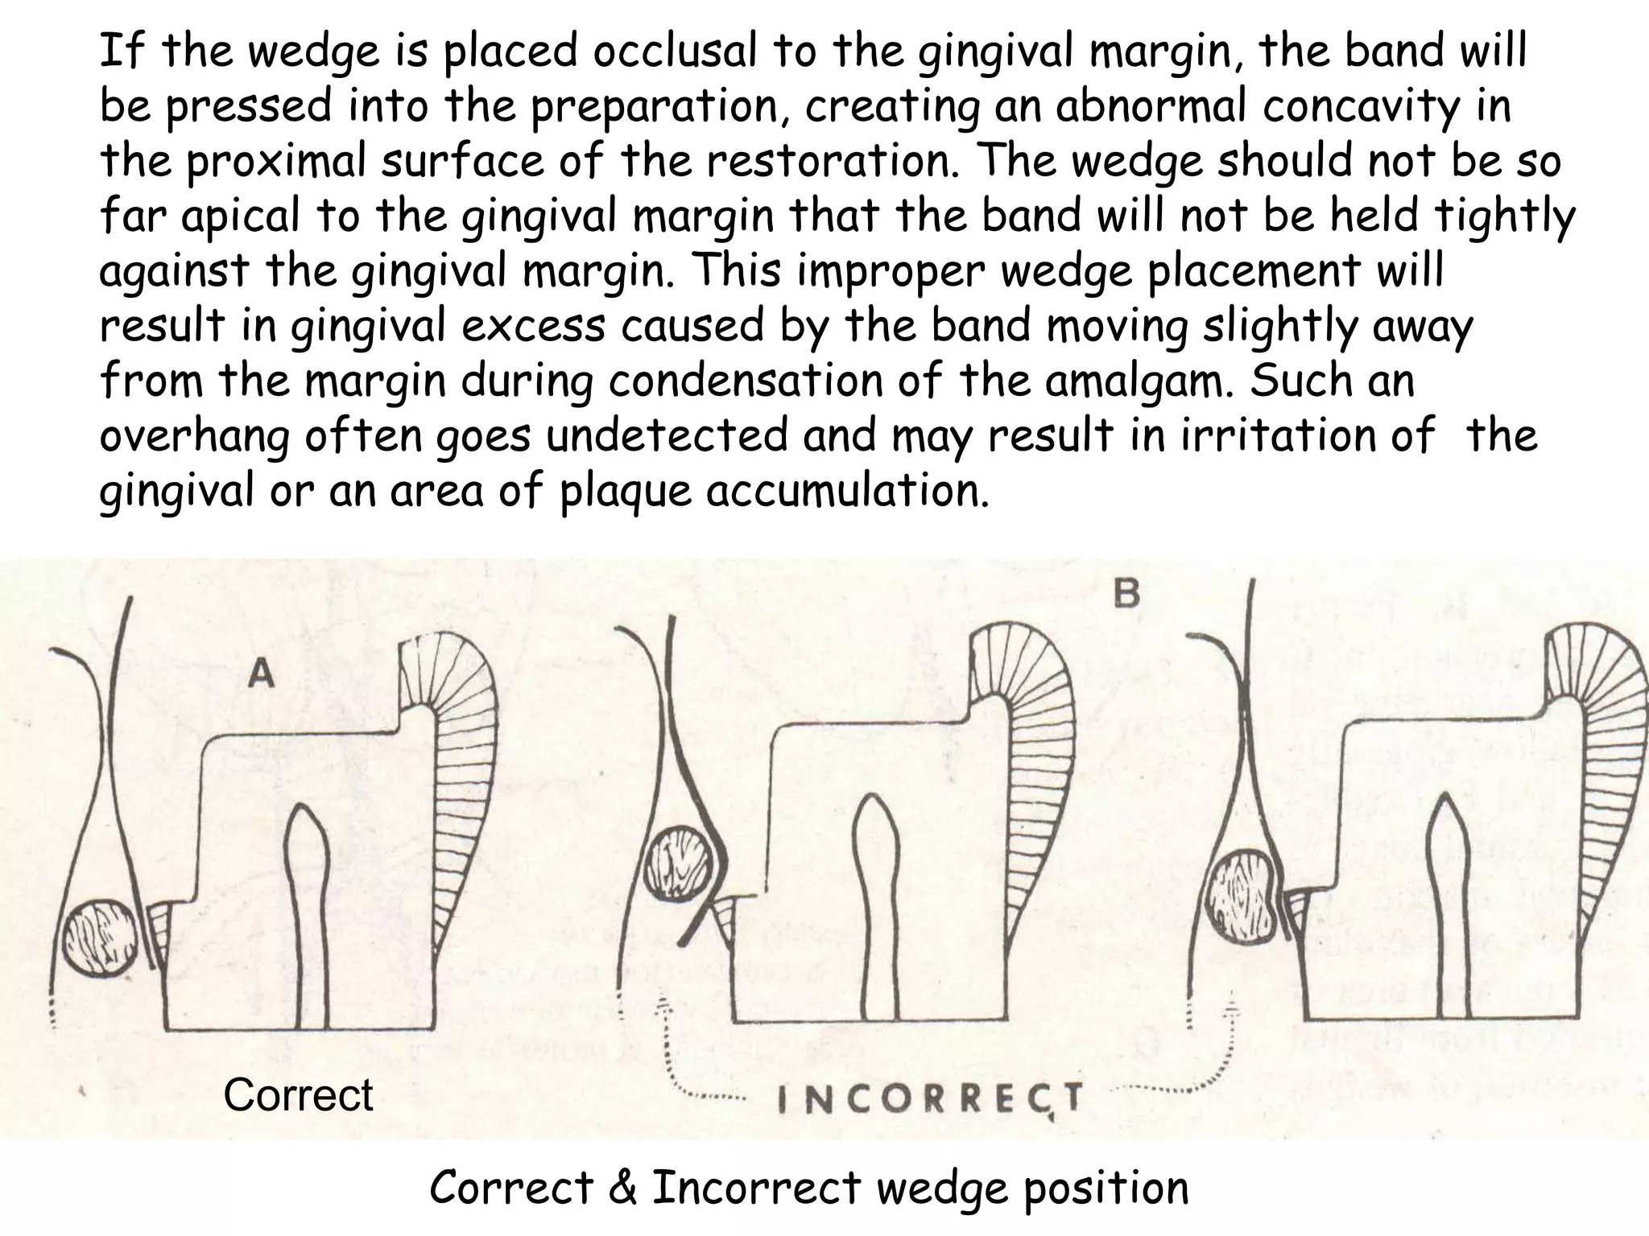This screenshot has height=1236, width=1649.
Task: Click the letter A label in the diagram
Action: pos(261,673)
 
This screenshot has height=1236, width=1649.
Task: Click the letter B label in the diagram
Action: pos(1126,595)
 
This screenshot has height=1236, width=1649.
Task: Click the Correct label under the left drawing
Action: pos(298,1095)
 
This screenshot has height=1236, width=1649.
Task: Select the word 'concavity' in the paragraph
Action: pos(1360,105)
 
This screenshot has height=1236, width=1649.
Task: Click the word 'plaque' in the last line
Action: pos(625,492)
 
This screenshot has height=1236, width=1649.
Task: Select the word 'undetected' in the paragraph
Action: pos(664,435)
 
